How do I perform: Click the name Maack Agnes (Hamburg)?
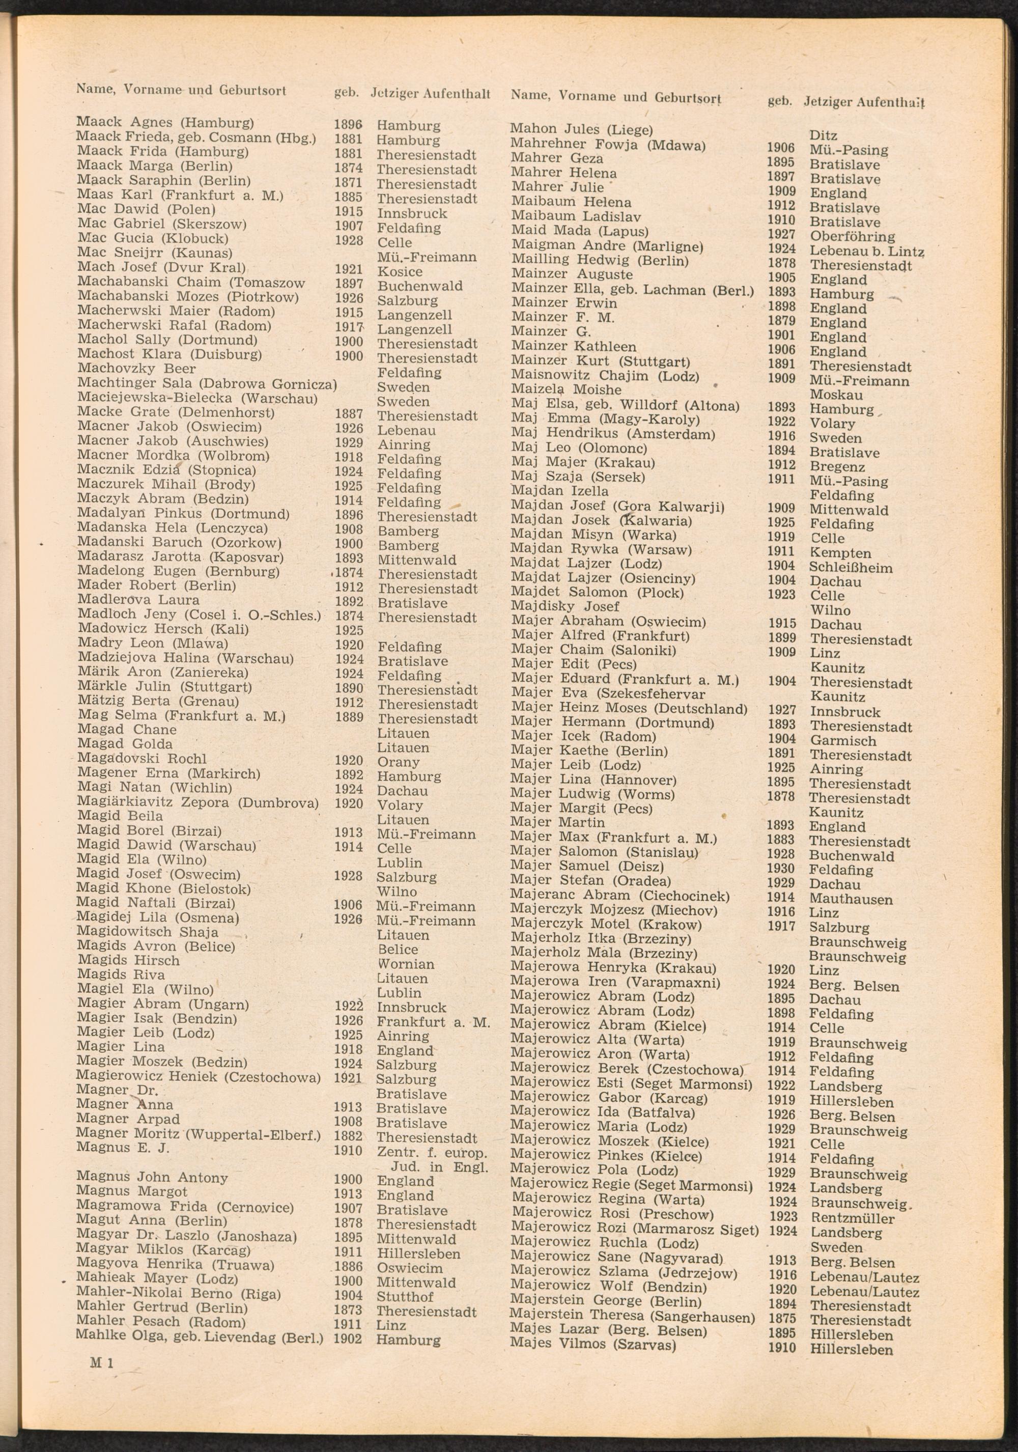tap(165, 122)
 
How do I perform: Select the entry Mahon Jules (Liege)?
tap(581, 130)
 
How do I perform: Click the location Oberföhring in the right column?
tap(853, 237)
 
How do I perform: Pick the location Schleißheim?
tap(851, 567)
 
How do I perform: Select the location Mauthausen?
tap(851, 899)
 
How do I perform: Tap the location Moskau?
tap(836, 395)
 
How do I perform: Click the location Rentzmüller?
tap(853, 1218)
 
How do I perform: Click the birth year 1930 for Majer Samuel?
tap(781, 868)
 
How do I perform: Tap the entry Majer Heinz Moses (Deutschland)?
tap(629, 708)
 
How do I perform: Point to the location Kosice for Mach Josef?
tap(400, 272)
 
